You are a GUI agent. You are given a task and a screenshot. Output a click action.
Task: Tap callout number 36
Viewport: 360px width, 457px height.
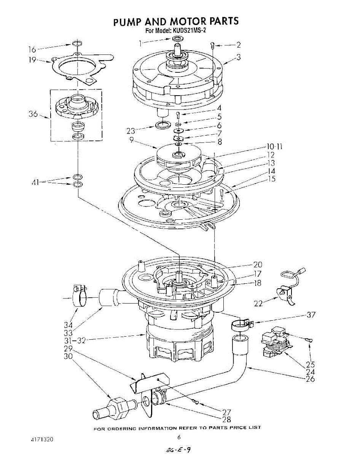(33, 114)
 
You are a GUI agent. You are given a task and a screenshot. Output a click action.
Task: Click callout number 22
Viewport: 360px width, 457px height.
(258, 303)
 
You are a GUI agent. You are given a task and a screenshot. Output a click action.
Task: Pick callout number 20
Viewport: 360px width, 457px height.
(257, 265)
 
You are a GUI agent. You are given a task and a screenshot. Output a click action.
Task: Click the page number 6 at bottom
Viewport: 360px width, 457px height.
(179, 438)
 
